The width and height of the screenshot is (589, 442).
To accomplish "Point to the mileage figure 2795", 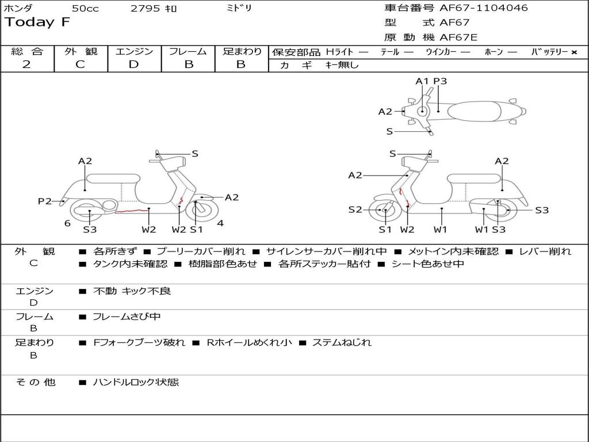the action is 146,9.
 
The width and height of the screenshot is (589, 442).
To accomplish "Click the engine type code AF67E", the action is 458,38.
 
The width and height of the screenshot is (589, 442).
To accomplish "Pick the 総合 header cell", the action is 27,52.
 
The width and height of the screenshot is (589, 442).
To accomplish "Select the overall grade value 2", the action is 26,64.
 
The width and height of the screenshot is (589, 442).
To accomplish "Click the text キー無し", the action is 342,65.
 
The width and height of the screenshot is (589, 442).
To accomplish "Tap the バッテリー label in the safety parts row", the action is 550,52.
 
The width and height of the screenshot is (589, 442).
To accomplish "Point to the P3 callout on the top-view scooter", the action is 440,81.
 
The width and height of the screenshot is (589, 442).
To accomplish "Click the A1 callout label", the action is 422,81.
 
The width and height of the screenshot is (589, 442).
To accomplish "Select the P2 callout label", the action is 44,201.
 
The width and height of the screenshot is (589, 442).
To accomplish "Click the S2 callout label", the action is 355,209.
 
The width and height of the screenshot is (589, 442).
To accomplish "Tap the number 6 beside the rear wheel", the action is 67,223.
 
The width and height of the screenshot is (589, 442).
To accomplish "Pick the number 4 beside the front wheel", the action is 220,223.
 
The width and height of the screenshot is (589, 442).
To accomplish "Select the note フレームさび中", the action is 127,317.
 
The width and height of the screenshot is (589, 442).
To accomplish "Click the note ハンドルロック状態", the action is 136,382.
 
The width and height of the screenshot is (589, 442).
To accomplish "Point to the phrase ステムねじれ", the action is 342,342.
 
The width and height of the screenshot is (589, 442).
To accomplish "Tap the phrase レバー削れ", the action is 545,252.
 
